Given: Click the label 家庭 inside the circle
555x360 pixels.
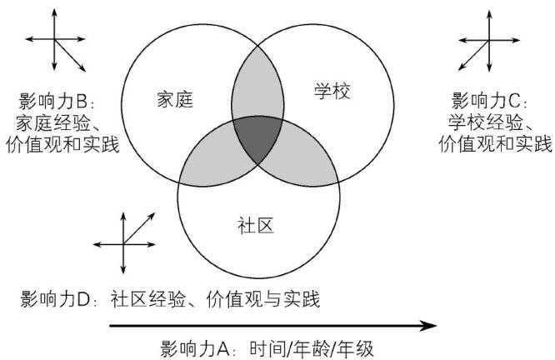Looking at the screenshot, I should click(x=175, y=99).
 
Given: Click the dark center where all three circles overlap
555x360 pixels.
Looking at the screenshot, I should click(x=257, y=142).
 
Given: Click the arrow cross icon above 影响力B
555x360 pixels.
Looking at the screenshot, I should click(x=55, y=42).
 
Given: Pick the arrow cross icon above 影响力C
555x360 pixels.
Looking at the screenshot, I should click(x=483, y=42).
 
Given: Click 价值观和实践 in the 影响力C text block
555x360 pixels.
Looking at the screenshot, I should click(x=495, y=143).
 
